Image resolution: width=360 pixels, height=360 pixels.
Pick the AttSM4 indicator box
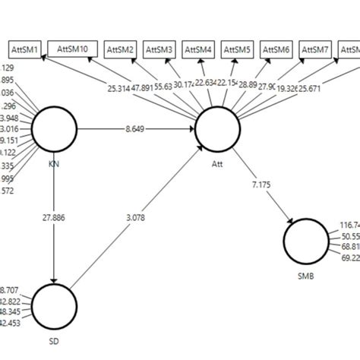point(201,50)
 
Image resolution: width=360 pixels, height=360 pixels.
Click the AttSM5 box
point(240,50)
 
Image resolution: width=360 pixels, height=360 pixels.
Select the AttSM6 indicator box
point(279,50)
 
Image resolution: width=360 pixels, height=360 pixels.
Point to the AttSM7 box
point(317,50)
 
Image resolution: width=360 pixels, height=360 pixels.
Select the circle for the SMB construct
point(306,242)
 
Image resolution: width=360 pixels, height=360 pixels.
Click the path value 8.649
point(137,130)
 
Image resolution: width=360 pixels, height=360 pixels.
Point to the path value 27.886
point(54,217)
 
